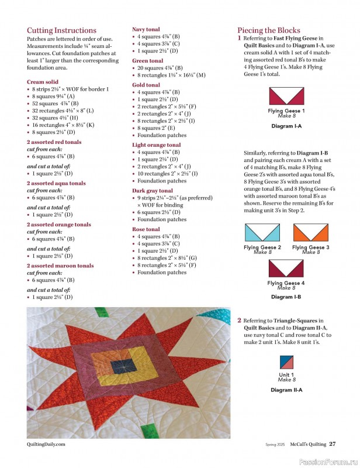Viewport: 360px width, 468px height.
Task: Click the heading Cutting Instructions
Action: pos(61,30)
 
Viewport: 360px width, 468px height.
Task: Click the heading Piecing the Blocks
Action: pos(269,30)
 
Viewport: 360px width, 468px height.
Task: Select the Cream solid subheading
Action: pos(42,82)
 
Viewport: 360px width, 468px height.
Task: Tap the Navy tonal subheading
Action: pos(146,29)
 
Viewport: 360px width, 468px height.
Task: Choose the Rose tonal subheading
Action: pos(146,229)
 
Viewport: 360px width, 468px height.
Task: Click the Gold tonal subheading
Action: pos(146,85)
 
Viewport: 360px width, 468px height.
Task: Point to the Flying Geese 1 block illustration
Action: pos(286,96)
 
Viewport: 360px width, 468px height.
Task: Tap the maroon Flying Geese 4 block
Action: pos(286,269)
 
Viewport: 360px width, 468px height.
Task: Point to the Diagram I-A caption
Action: pos(286,126)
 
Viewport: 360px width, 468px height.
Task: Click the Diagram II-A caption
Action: pos(286,390)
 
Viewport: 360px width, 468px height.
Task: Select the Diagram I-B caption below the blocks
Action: pos(286,297)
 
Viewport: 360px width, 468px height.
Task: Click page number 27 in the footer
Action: pos(331,443)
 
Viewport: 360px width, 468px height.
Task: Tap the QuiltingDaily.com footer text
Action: pos(46,444)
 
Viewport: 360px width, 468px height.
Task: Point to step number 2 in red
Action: pos(239,321)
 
